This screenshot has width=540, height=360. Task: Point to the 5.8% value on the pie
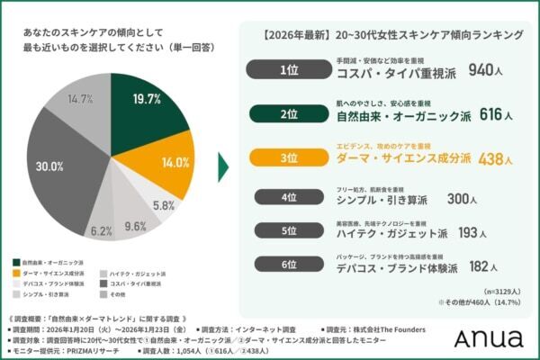(x=163, y=204)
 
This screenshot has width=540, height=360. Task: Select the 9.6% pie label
(x=135, y=226)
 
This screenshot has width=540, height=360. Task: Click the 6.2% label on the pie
(x=102, y=230)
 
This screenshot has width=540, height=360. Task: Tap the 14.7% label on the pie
(x=83, y=99)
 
